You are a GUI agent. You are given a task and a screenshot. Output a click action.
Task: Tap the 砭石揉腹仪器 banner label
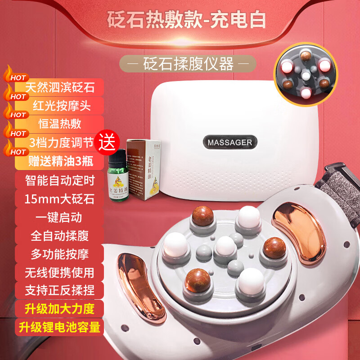coord(188,64)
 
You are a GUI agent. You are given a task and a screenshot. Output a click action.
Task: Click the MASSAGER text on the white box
coord(230,142)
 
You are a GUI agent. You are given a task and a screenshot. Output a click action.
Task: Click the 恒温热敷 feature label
coord(60,124)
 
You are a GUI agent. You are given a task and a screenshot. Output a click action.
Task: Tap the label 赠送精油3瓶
coord(60,162)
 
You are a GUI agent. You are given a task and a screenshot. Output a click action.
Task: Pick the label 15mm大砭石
coord(60,198)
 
